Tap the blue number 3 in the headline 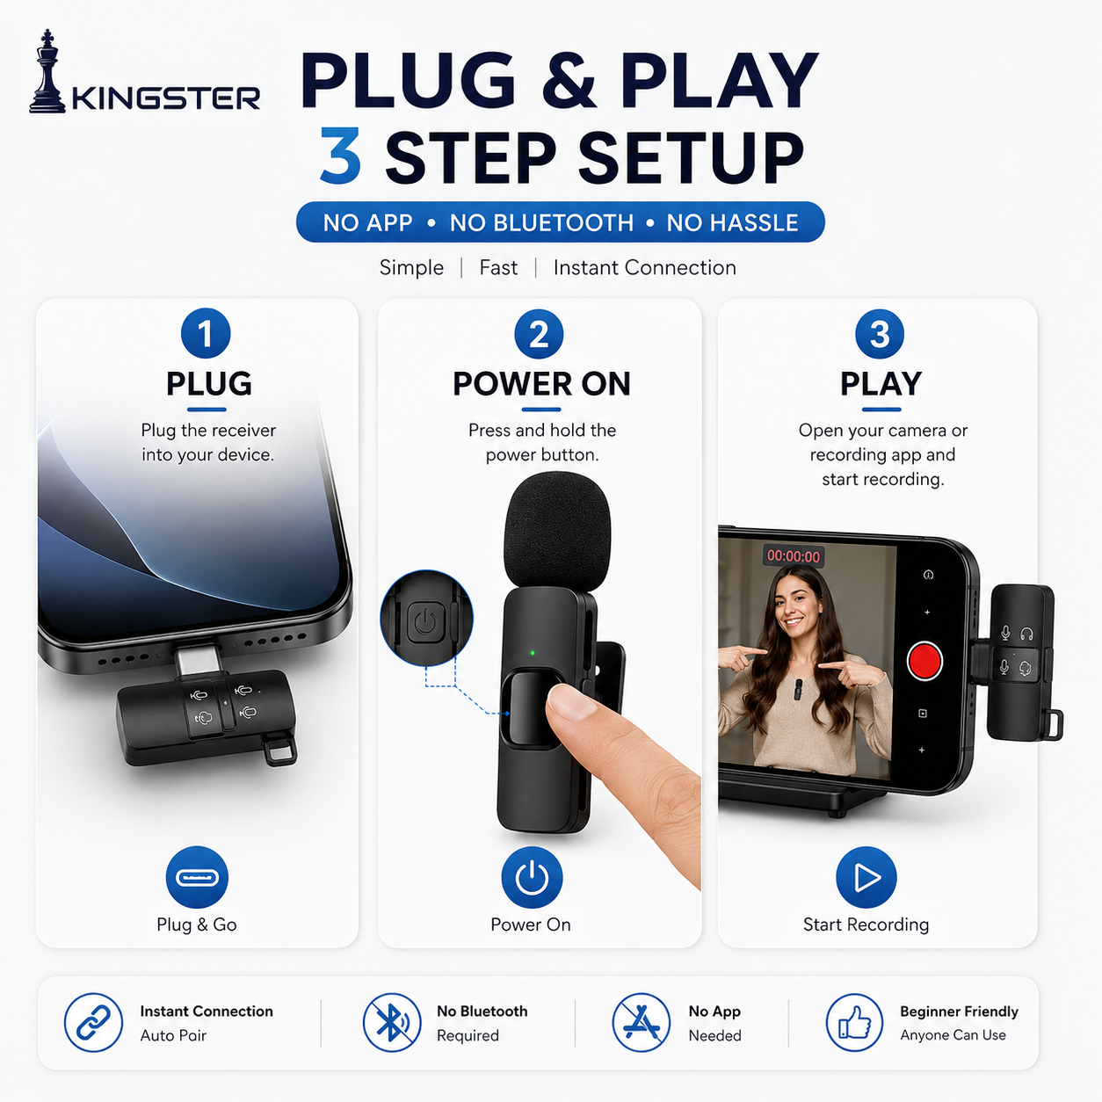(x=341, y=156)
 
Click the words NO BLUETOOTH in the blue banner (x=541, y=222)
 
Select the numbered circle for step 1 (x=206, y=334)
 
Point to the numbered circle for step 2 (x=539, y=334)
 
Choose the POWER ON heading (x=541, y=384)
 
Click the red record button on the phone (x=924, y=661)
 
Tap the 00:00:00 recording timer (x=794, y=555)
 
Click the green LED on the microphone (x=533, y=653)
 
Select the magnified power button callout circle (x=426, y=618)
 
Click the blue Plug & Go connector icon (x=197, y=877)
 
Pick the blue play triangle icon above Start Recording (x=866, y=877)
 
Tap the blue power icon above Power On (x=532, y=877)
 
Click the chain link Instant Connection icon (x=93, y=1023)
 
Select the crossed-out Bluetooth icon (x=392, y=1023)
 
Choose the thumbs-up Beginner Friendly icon (x=854, y=1023)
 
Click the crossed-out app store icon (x=641, y=1023)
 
